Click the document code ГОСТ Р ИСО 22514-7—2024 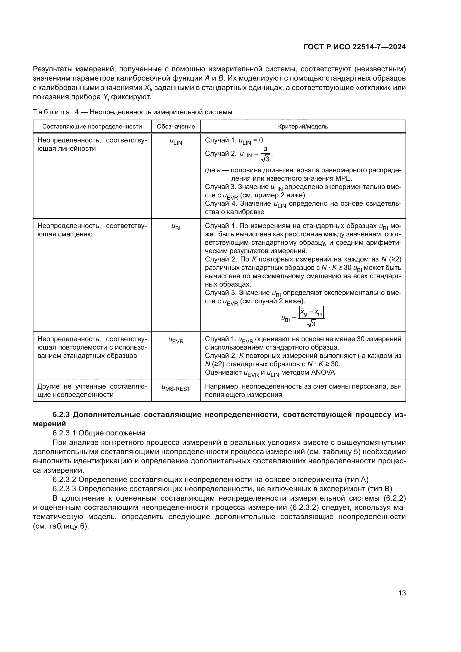coord(354,47)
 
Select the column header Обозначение coord(176,127)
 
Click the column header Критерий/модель coord(303,127)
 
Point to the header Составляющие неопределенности coord(92,127)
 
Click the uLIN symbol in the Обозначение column coord(176,141)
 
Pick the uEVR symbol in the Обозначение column coord(176,340)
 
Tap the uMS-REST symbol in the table coord(176,388)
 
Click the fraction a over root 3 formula coord(265,154)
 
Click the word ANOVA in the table coord(323,373)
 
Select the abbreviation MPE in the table coord(343,179)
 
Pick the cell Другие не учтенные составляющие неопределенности coord(92,391)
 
